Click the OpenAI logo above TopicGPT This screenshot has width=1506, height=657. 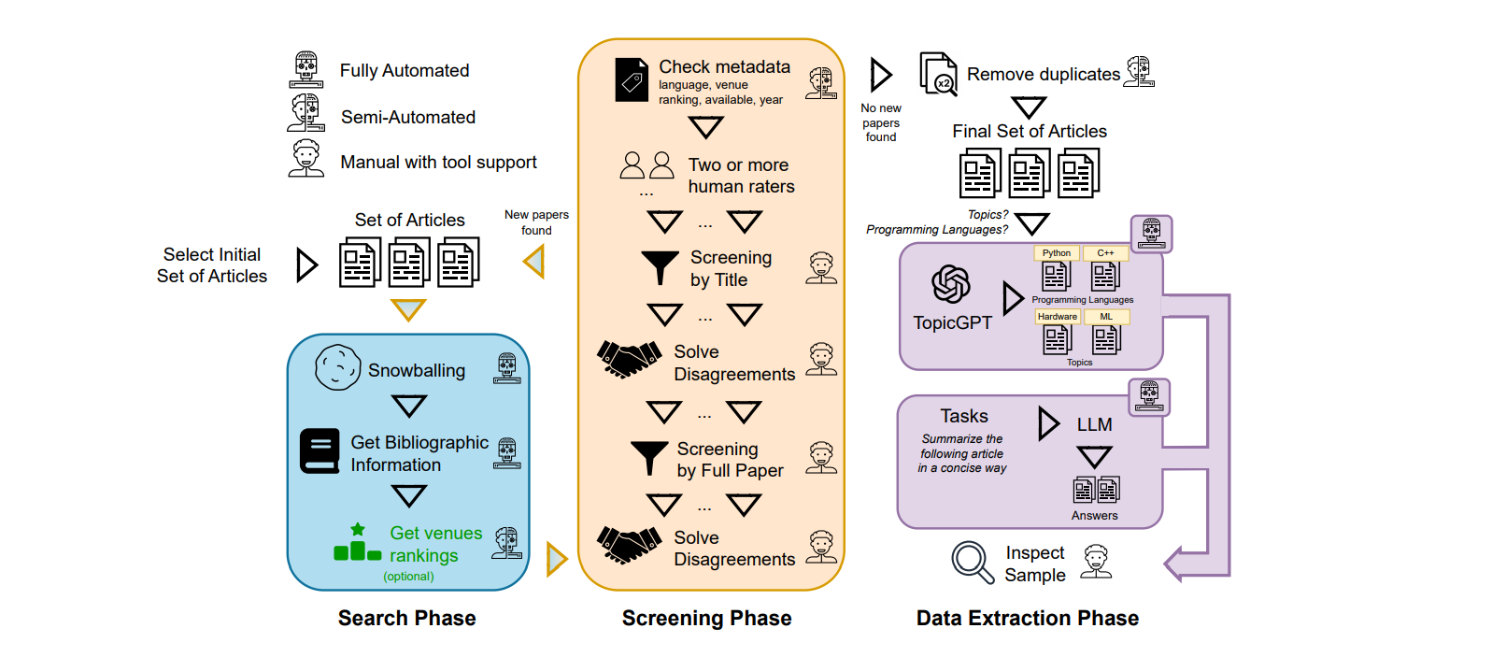click(950, 284)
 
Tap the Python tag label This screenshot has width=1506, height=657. click(1057, 252)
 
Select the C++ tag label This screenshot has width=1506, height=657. click(1105, 252)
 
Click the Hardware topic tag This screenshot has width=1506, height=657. click(1057, 317)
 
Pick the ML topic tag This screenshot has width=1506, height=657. click(1106, 317)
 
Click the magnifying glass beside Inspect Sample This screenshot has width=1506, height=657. click(972, 563)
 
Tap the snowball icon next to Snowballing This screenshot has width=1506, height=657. click(337, 367)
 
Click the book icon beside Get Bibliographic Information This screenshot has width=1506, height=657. click(320, 451)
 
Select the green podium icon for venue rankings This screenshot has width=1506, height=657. click(357, 544)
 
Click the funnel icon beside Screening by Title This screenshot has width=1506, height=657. click(660, 266)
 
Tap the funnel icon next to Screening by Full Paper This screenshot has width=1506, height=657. click(648, 458)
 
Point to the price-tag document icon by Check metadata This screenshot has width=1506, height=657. click(632, 80)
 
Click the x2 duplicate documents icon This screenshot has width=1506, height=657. click(938, 74)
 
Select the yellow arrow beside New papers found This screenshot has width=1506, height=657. click(534, 262)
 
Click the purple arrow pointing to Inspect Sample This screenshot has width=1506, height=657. click(1179, 564)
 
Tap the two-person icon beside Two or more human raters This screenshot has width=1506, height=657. click(646, 166)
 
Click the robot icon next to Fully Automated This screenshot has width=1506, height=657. click(305, 70)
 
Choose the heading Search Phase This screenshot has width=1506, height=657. click(406, 618)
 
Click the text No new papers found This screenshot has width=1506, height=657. click(880, 122)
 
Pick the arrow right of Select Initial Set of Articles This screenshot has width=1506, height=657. click(306, 264)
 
